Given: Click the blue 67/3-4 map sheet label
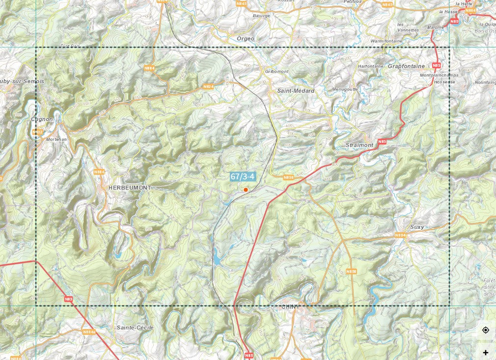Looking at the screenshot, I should click(x=243, y=176).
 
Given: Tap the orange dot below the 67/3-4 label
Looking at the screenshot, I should click(x=246, y=190).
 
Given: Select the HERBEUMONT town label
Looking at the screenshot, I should click(x=130, y=188).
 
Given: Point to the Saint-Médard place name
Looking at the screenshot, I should click(x=296, y=91).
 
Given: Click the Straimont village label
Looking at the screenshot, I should click(x=359, y=145).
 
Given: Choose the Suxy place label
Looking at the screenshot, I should click(x=417, y=227).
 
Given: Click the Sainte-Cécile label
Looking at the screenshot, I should click(x=135, y=327).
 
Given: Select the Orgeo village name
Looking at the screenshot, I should click(x=246, y=38).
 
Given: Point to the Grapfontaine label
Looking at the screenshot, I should click(x=406, y=66).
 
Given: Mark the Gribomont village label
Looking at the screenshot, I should click(x=277, y=71).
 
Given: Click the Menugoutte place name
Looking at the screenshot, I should click(x=345, y=89).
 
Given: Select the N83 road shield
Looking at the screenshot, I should click(x=68, y=298).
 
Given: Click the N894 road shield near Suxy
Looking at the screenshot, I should click(x=400, y=235).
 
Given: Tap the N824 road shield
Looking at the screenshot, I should click(x=208, y=86).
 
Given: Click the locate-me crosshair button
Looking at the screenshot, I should click(x=485, y=330).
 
